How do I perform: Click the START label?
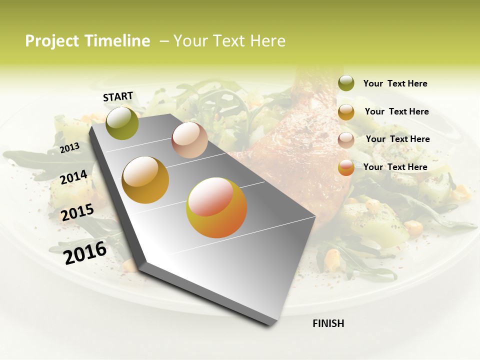tap(118, 96)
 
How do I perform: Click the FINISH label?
tap(328, 323)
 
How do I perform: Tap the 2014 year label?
tap(73, 177)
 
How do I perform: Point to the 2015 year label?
tap(77, 212)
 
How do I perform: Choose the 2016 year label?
tap(85, 252)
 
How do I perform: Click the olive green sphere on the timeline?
tap(122, 123)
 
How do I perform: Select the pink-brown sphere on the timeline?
tap(189, 140)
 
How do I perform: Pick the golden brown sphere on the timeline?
tap(145, 179)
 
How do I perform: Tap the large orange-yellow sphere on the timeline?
tap(216, 207)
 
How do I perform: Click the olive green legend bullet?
tap(346, 83)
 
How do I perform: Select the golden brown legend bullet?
tap(346, 112)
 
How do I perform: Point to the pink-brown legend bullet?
tap(346, 140)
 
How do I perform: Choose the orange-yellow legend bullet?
tap(346, 168)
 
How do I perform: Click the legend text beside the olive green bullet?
tap(395, 83)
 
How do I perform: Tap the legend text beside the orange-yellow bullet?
tap(395, 167)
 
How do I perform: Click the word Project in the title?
tap(52, 41)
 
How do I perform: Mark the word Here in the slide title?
tap(267, 41)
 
